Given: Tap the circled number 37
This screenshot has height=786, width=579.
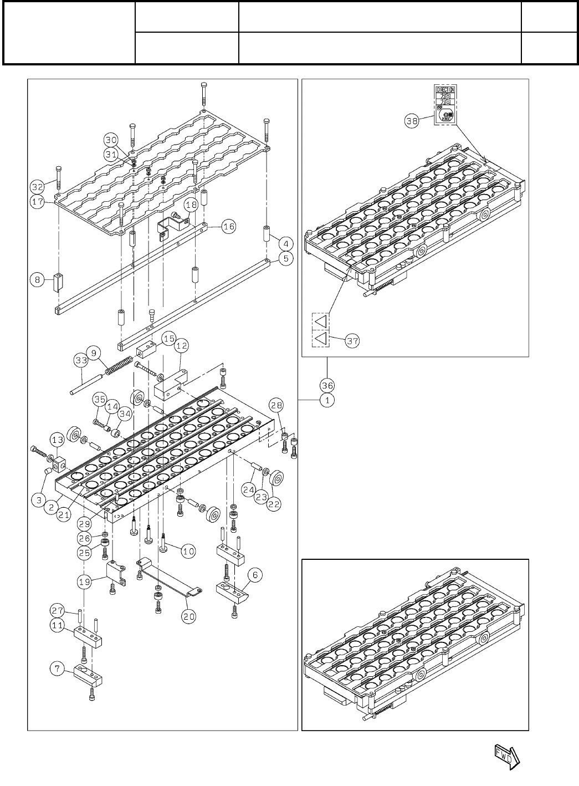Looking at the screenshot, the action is point(353,340).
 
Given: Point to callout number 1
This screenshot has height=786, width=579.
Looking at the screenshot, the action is point(327,400).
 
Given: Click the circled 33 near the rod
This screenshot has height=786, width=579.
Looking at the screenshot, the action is point(81,360).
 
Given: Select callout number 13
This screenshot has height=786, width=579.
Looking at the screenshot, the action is point(57,440).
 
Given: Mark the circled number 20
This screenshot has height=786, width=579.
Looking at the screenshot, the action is point(191,615).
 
